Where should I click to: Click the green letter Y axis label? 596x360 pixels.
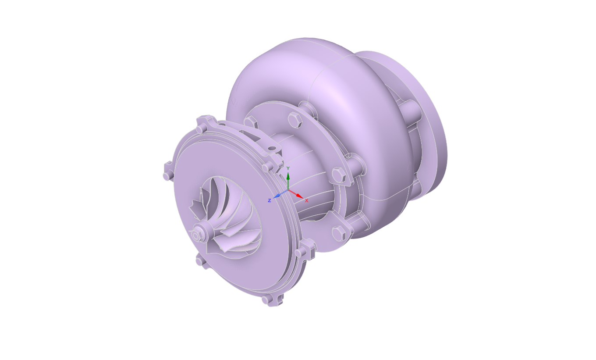(288, 168)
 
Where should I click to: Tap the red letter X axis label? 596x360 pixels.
(307, 201)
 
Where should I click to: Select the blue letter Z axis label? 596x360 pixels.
(269, 201)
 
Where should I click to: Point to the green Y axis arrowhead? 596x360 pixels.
(288, 176)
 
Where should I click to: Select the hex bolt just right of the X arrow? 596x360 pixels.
(338, 175)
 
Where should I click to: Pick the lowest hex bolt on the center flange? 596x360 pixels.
(338, 233)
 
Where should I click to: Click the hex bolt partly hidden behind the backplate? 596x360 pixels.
(250, 121)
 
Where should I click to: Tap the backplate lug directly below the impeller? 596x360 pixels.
(200, 261)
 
